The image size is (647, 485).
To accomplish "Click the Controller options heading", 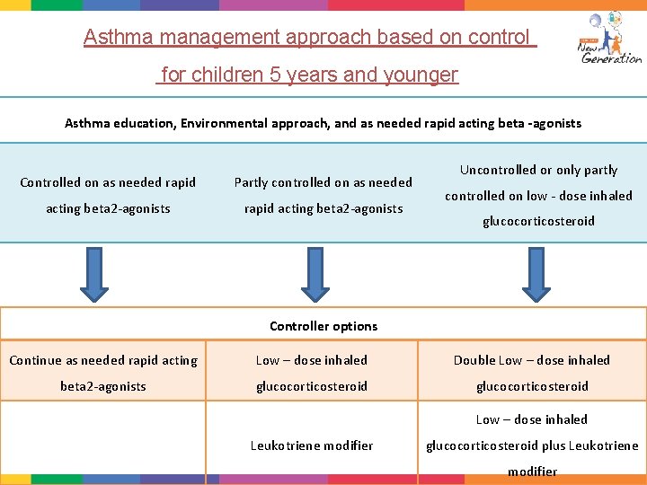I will click(x=323, y=326).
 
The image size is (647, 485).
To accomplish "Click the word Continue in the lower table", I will click(x=36, y=361).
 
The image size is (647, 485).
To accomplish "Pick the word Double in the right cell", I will click(x=474, y=360).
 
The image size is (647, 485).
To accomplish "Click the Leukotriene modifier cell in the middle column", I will click(x=312, y=445).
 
